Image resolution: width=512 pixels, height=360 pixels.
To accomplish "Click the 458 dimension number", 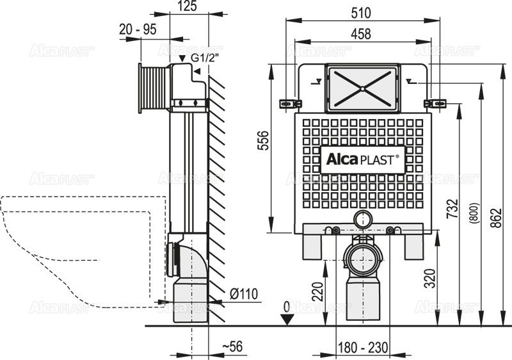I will point(363,35).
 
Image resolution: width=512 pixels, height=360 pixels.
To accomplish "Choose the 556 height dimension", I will point(262,145).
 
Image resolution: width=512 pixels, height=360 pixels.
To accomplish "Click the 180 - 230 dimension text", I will point(363,348).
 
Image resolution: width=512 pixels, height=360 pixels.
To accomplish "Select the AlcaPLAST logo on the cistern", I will point(362,159).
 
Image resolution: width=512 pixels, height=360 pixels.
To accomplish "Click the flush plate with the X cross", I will point(362,88).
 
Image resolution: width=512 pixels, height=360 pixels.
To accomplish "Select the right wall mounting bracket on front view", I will point(436,103).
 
